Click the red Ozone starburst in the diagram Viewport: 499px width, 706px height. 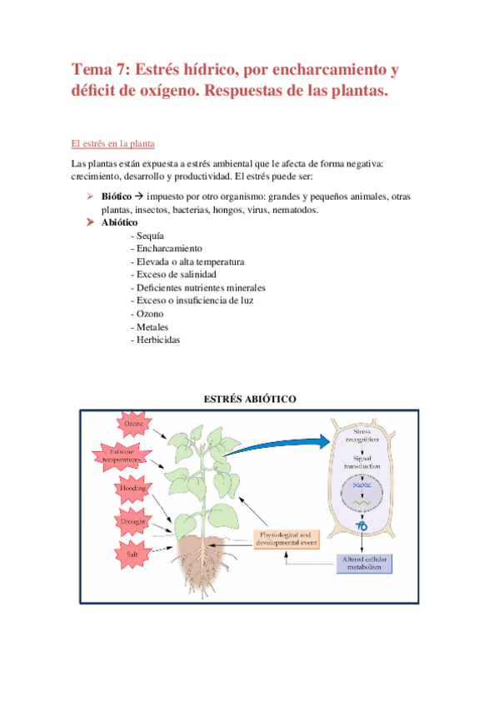tap(133, 425)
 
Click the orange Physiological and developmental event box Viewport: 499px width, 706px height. tap(285, 537)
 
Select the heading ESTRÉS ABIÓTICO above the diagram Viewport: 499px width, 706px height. tap(250, 400)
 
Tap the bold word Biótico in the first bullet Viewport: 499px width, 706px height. tap(117, 196)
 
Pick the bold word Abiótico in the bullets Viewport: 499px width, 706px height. tap(120, 223)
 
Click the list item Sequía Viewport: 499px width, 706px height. tap(147, 236)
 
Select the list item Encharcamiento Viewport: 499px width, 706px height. tap(167, 249)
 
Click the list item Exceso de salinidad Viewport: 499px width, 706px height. tap(173, 275)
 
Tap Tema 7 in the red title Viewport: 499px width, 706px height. tap(99, 69)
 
